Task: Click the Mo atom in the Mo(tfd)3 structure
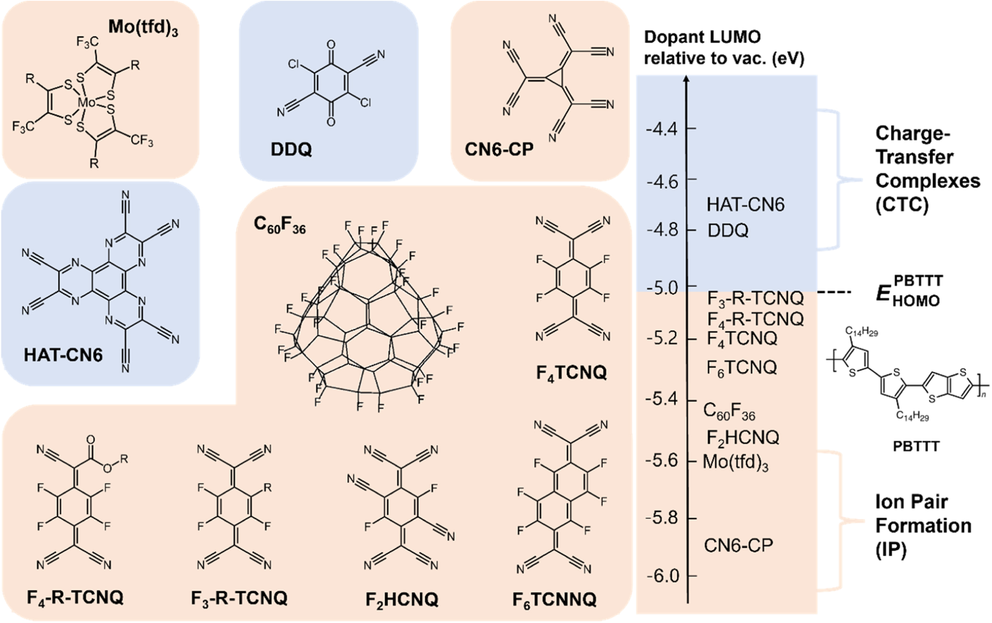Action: click(87, 102)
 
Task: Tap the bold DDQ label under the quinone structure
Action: click(291, 150)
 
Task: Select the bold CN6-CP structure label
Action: click(499, 150)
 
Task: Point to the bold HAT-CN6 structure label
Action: click(63, 355)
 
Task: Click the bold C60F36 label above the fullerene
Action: click(279, 225)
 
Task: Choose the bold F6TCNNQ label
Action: click(554, 599)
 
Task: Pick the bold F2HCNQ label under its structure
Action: click(402, 599)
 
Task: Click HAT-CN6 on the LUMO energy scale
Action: click(746, 205)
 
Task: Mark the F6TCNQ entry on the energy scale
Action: click(742, 368)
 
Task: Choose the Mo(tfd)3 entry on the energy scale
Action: click(736, 462)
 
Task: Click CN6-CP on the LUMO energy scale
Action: click(738, 545)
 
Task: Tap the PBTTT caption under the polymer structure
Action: click(916, 446)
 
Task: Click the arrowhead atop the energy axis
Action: click(687, 79)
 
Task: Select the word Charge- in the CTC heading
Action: click(912, 133)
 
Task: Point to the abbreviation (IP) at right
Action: click(891, 551)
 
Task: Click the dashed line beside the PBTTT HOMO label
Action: click(834, 291)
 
